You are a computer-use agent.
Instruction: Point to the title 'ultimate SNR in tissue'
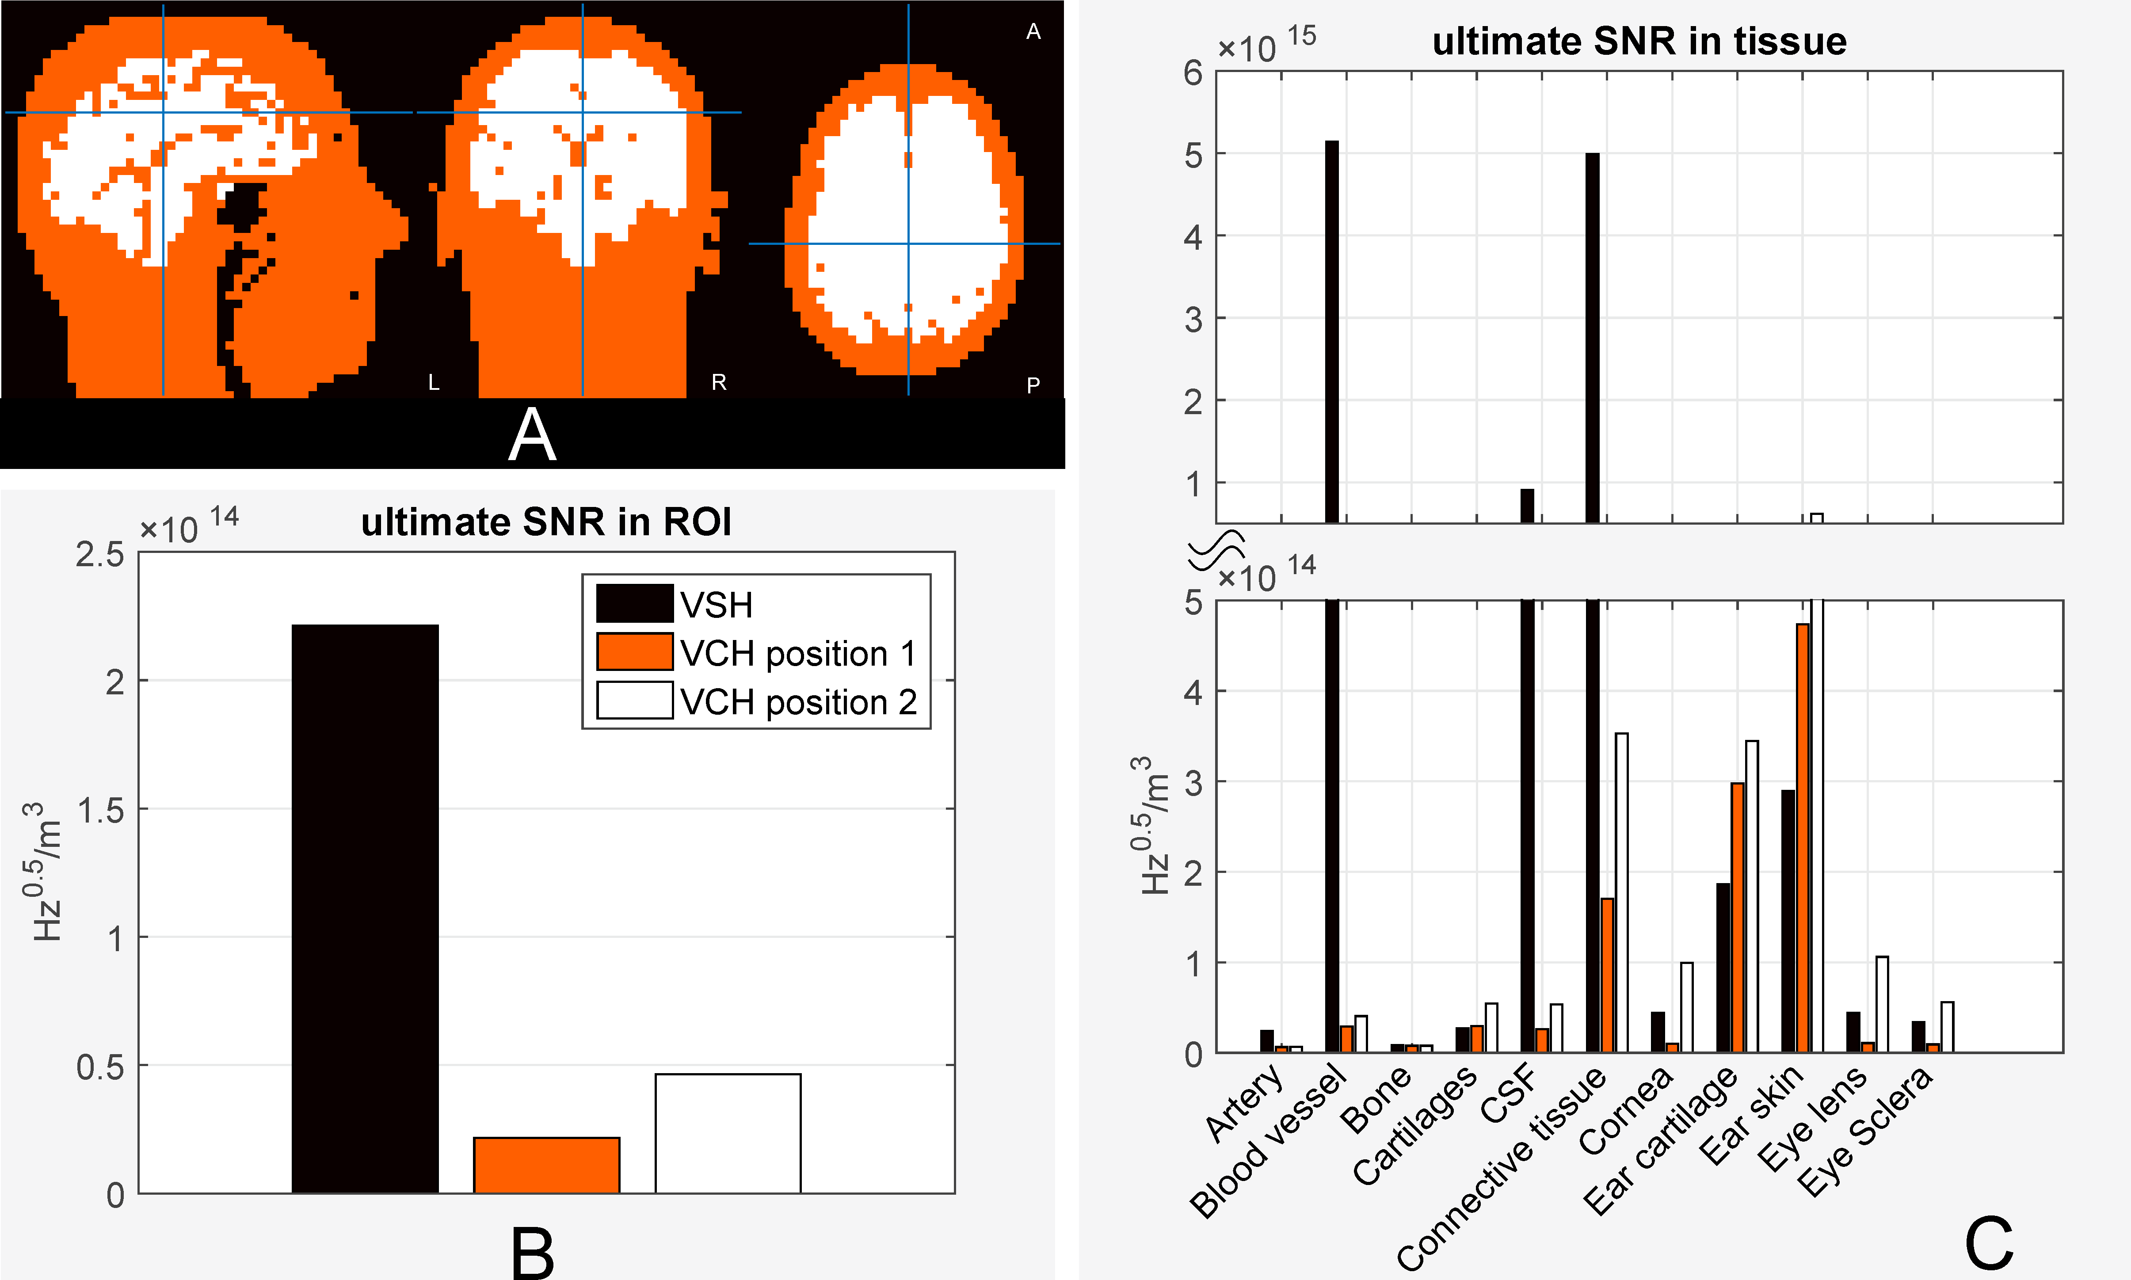(1639, 42)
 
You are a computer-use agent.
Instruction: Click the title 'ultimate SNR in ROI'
(546, 522)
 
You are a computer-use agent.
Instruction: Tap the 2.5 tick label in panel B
(100, 555)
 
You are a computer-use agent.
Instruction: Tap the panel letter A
(532, 435)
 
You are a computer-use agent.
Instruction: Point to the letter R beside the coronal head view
(718, 382)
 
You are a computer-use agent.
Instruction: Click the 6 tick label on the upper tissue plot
(1193, 73)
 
